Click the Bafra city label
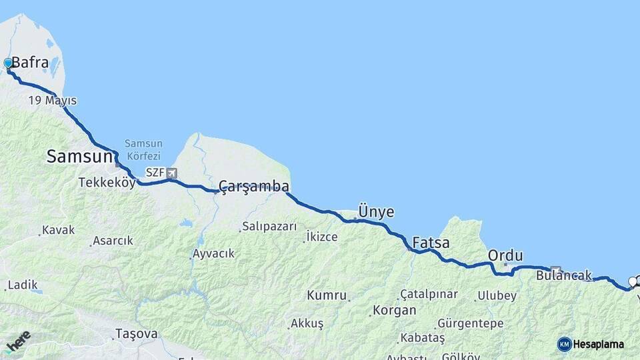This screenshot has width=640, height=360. click(x=30, y=63)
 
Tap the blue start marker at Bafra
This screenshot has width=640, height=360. click(x=8, y=63)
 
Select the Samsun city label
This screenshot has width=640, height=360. click(x=77, y=157)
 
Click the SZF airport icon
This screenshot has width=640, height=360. click(x=173, y=173)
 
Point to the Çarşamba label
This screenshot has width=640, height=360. click(x=254, y=186)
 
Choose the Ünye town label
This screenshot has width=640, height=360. click(x=376, y=212)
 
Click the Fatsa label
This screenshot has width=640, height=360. click(x=431, y=242)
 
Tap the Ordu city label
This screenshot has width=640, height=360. click(x=505, y=255)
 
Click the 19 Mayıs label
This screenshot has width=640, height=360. click(x=52, y=101)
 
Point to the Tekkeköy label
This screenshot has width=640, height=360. click(x=107, y=182)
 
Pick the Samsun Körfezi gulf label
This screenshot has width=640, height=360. click(x=143, y=150)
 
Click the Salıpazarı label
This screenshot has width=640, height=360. click(x=269, y=227)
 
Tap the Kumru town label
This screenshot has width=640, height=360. click(x=327, y=295)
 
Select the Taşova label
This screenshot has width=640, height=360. click(x=137, y=333)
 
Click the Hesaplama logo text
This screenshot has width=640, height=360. click(x=598, y=344)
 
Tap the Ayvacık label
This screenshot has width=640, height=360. click(x=213, y=253)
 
